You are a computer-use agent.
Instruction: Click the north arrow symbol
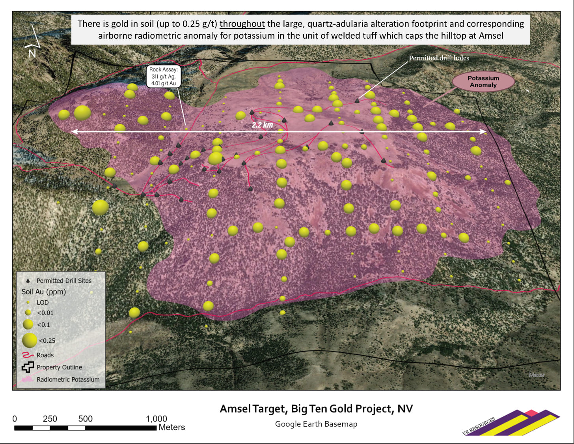tap(33, 41)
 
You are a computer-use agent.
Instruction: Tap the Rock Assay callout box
tap(164, 76)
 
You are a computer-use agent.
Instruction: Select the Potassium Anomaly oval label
tap(483, 82)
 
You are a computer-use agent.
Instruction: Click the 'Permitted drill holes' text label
tap(439, 58)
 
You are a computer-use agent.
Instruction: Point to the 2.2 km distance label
tap(262, 125)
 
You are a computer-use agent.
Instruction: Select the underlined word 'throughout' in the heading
tap(242, 24)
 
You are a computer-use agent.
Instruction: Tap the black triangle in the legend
tap(28, 281)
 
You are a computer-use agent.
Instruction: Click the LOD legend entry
tap(42, 302)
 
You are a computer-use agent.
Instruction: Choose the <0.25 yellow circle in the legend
tap(29, 340)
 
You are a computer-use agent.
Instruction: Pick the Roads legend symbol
tap(28, 355)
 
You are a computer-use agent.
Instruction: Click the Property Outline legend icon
tap(28, 367)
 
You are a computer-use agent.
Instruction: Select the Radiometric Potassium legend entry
tap(68, 379)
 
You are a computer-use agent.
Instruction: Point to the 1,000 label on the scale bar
tap(157, 419)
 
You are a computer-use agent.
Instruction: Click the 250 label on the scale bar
tap(50, 419)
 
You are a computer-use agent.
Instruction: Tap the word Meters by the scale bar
tap(171, 427)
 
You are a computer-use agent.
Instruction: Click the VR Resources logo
tap(511, 423)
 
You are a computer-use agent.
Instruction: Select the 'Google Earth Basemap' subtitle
tap(316, 424)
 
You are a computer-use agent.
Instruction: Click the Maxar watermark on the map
tap(537, 375)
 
